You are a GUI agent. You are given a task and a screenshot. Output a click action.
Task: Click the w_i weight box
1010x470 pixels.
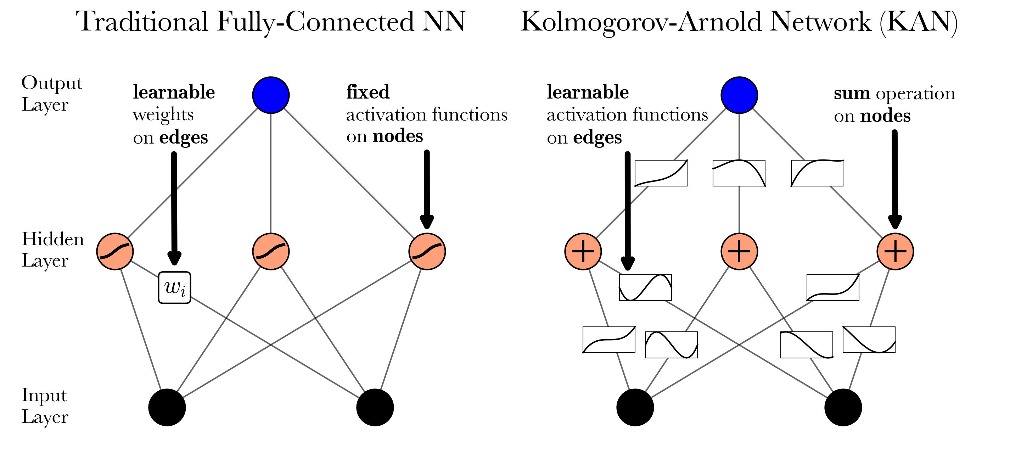click(x=174, y=288)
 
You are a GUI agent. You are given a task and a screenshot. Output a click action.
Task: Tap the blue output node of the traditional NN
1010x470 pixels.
click(x=271, y=95)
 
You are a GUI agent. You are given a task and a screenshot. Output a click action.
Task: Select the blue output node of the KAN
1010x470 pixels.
click(x=739, y=95)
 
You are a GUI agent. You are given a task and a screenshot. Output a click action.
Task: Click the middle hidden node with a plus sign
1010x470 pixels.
click(x=739, y=251)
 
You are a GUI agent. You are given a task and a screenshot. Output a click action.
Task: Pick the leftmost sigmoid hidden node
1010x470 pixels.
click(x=115, y=251)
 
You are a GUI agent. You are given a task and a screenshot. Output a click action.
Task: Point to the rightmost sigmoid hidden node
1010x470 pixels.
click(x=427, y=251)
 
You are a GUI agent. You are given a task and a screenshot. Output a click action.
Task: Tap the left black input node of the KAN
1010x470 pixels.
click(x=635, y=407)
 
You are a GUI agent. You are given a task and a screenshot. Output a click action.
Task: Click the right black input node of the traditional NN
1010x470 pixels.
click(x=375, y=407)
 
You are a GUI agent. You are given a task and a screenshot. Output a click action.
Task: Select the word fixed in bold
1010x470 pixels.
click(x=368, y=92)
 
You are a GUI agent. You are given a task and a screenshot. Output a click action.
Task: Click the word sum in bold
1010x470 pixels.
click(x=852, y=93)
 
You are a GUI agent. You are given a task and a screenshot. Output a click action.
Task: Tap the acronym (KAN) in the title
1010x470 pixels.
click(x=918, y=22)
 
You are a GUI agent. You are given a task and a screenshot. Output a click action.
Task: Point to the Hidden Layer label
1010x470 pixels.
click(x=52, y=250)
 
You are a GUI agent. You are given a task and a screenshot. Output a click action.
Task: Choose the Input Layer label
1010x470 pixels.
click(x=44, y=406)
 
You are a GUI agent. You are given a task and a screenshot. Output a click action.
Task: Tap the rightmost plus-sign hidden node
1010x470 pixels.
click(x=895, y=251)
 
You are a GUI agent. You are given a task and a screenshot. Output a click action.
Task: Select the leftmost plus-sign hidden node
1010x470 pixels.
click(x=583, y=251)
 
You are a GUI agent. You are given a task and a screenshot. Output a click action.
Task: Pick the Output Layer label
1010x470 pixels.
click(x=51, y=94)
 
